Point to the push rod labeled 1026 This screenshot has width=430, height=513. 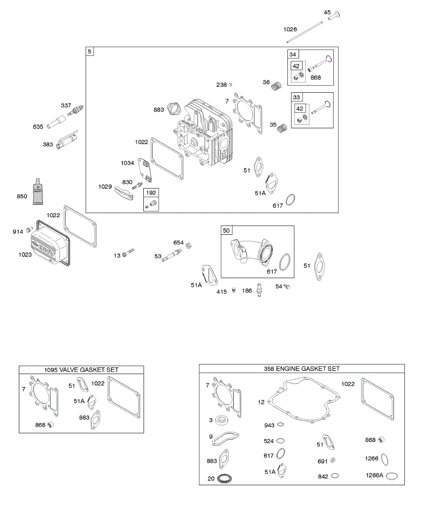[x=305, y=32]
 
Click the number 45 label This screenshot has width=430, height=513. [x=327, y=12]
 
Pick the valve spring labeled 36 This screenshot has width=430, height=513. [x=277, y=85]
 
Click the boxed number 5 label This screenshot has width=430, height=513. [x=89, y=51]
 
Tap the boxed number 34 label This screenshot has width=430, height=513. [x=293, y=54]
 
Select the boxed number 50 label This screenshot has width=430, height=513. [x=226, y=230]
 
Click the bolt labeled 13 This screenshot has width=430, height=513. [x=128, y=254]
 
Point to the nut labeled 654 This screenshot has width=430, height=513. [x=189, y=245]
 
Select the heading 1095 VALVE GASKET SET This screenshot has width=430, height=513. [x=81, y=370]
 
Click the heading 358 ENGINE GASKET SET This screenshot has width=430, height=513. [x=302, y=369]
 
